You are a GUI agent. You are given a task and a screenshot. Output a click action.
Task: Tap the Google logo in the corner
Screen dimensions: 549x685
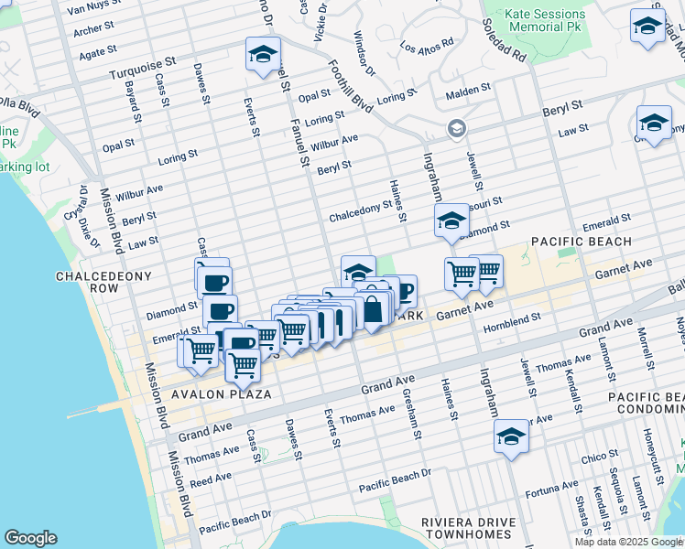[30, 538]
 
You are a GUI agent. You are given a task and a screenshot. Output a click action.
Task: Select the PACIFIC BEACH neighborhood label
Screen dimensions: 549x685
[582, 242]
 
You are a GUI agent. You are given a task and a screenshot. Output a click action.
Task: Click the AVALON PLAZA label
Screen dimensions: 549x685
[221, 394]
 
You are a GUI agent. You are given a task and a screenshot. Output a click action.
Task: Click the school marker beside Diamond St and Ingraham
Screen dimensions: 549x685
[451, 221]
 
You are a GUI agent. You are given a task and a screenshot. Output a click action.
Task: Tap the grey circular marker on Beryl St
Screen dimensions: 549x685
[456, 129]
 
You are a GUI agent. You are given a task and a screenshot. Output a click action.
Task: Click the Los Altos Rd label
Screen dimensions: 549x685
[427, 44]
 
